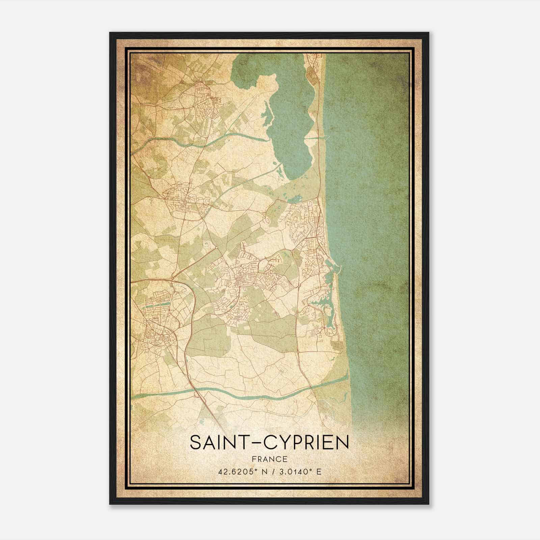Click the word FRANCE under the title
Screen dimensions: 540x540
[269, 459]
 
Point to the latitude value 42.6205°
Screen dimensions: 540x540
[236, 471]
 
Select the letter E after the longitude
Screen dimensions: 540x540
[319, 471]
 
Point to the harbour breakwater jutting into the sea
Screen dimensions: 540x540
[339, 268]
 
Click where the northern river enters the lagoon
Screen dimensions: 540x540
[268, 138]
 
